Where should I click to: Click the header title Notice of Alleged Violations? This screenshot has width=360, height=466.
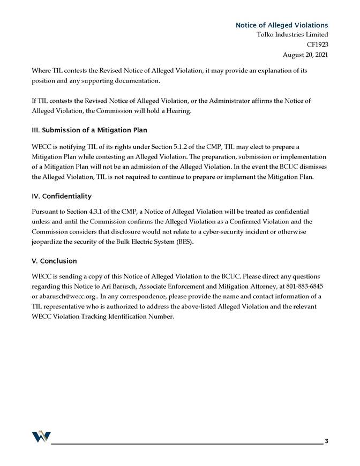tap(282, 25)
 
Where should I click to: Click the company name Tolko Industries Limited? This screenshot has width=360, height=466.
tap(292, 35)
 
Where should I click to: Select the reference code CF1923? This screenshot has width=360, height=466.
tap(317, 44)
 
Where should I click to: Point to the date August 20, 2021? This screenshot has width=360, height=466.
tap(305, 55)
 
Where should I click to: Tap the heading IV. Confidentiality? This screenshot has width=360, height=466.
tap(62, 196)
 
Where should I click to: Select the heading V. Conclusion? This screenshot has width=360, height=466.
tap(55, 261)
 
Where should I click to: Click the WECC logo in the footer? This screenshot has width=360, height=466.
tap(41, 437)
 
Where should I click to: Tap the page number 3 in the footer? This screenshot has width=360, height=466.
tap(326, 441)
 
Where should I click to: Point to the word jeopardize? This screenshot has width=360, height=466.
tap(49, 242)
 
